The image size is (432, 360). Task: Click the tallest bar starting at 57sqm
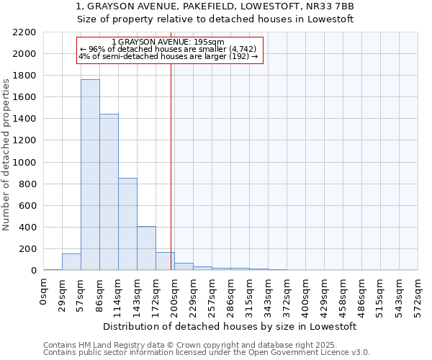90,175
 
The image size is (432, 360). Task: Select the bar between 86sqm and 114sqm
109,192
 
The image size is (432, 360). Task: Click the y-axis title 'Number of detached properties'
6,151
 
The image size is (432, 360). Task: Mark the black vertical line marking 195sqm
171,166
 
